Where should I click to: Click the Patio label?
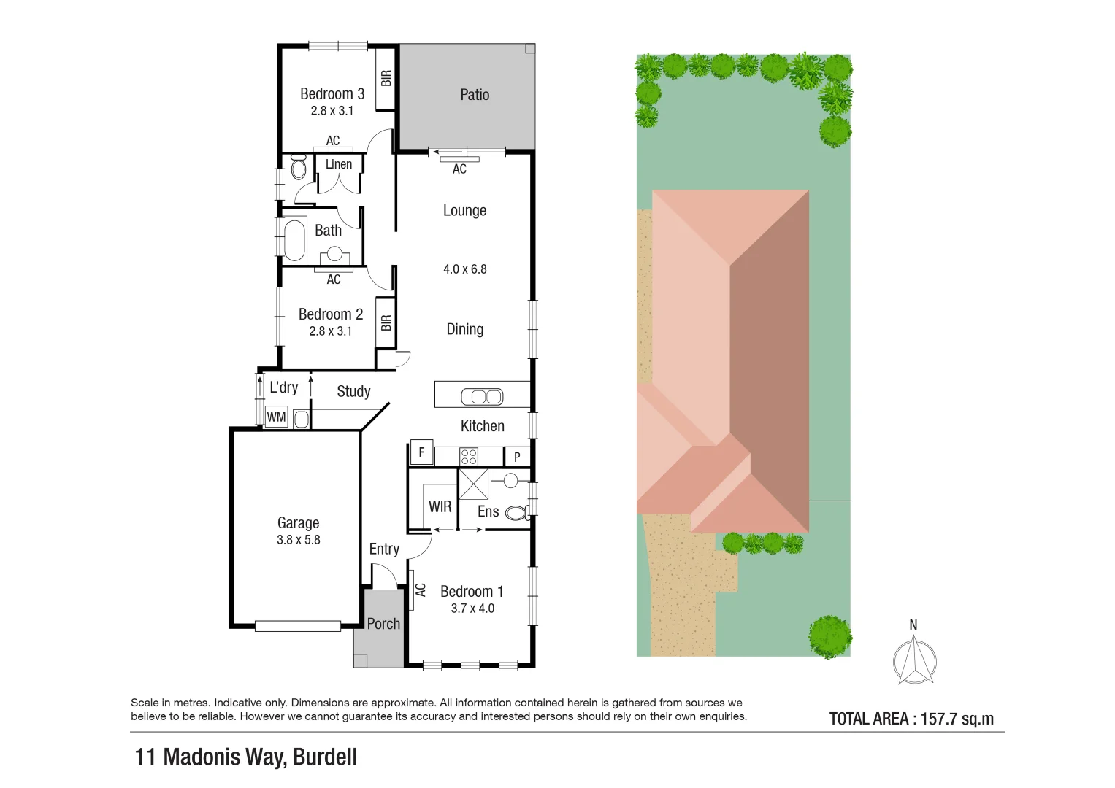(475, 95)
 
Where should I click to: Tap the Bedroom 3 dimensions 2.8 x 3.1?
(332, 111)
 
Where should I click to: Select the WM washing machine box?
(276, 417)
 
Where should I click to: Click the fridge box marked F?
(421, 452)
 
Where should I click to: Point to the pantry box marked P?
(517, 457)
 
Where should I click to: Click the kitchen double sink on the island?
(482, 397)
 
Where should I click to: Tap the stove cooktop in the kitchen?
(468, 457)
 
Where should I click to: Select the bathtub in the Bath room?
(294, 240)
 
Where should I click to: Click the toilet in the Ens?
(516, 513)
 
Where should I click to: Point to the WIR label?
(440, 506)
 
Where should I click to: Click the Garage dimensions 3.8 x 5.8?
(298, 540)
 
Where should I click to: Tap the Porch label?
(383, 624)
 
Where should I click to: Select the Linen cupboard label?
(339, 164)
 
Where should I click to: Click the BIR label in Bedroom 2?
(386, 322)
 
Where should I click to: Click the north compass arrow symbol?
(914, 660)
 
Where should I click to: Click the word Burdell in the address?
(325, 757)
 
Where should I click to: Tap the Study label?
(353, 392)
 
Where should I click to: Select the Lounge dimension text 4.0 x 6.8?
(464, 269)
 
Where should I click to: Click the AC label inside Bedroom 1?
(421, 590)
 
